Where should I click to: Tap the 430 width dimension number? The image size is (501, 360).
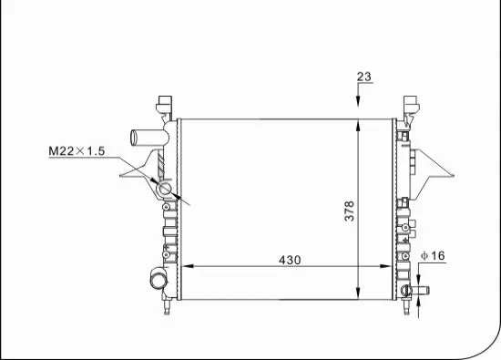click(289, 260)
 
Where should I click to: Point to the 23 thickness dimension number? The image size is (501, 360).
click(364, 77)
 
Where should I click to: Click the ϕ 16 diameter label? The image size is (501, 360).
click(432, 256)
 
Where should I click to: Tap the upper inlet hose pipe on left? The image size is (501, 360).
click(146, 139)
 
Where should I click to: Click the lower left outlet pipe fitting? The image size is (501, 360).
click(153, 277)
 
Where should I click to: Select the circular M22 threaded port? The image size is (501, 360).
click(165, 189)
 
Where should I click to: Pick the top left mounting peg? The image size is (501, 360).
click(166, 102)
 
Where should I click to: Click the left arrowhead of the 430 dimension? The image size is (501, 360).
click(187, 266)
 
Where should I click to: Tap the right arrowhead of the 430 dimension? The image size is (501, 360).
click(391, 266)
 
